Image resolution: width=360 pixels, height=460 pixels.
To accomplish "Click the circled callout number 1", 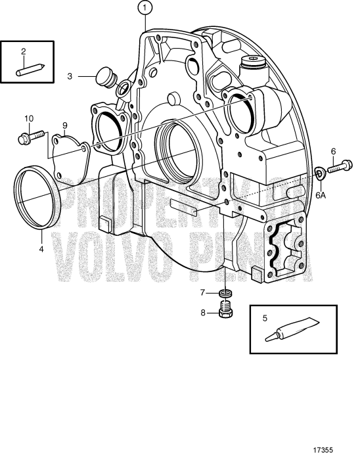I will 144,9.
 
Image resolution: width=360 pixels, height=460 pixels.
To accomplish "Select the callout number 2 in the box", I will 23,51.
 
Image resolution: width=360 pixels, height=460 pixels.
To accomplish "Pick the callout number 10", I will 28,118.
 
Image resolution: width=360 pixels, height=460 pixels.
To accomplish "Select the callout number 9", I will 65,125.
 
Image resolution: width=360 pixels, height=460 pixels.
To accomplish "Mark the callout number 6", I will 333,152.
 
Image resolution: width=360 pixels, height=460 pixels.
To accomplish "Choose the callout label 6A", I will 320,195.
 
